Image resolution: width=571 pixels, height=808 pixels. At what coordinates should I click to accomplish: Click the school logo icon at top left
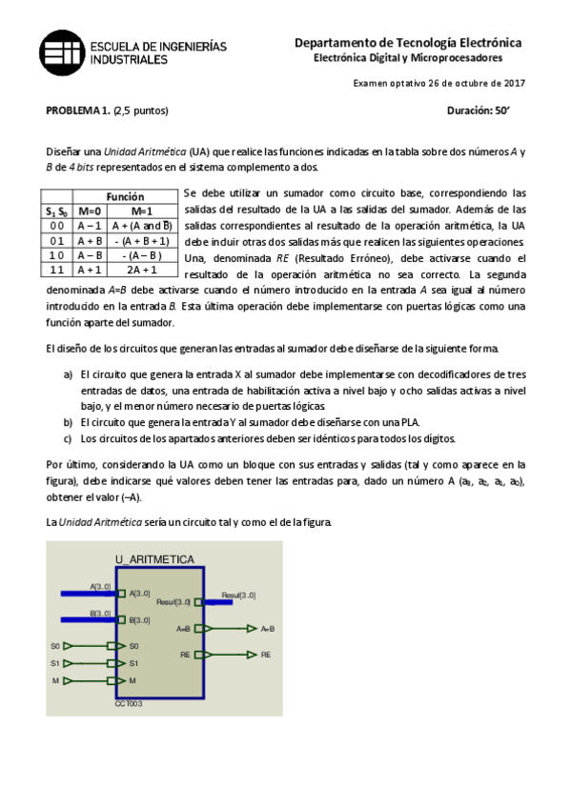point(60,51)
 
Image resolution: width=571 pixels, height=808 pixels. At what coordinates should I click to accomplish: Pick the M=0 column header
point(90,211)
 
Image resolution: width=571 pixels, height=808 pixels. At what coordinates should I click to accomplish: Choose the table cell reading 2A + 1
point(142,270)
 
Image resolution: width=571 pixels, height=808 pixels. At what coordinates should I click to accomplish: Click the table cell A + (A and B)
point(142,226)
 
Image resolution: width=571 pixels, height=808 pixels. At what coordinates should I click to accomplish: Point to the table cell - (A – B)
point(142,255)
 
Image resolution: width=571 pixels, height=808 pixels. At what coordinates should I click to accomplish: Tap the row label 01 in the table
point(57,241)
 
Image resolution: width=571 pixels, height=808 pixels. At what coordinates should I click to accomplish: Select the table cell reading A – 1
point(90,226)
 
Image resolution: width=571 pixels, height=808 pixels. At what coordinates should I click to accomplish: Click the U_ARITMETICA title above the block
point(154,559)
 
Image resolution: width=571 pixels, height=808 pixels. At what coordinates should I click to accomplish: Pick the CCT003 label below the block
point(129,704)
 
